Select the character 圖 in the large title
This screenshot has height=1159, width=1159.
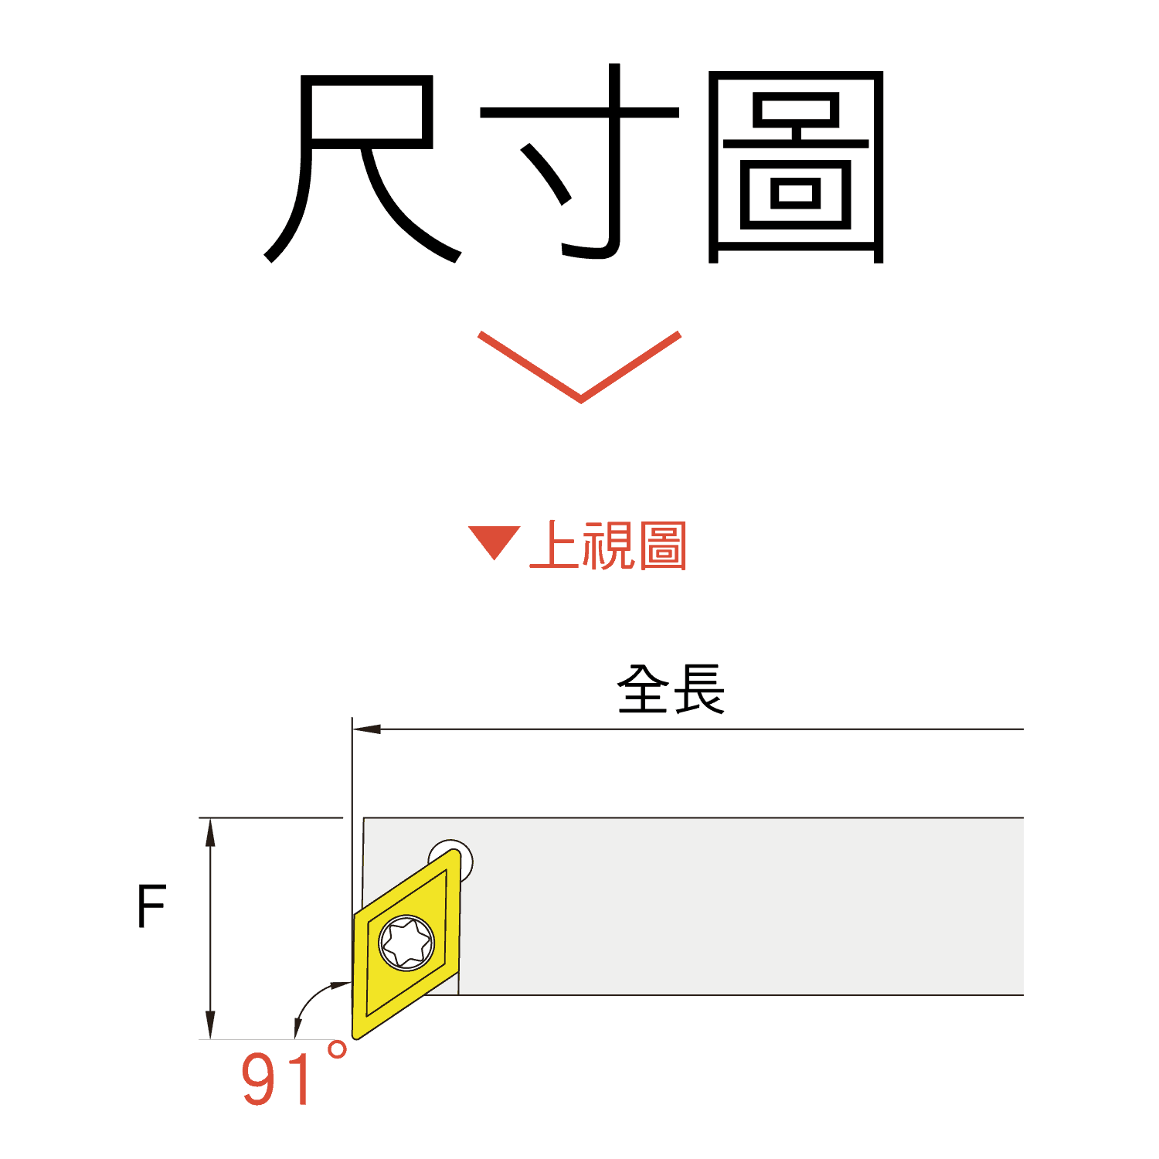(796, 166)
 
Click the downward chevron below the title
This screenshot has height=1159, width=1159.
(579, 367)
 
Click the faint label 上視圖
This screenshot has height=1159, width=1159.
(608, 546)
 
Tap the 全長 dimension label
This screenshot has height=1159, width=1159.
(671, 689)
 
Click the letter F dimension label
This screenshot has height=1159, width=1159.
(151, 906)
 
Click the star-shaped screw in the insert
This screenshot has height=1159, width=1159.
(406, 943)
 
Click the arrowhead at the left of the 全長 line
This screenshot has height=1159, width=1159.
(366, 729)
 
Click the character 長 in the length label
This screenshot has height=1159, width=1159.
(699, 689)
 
